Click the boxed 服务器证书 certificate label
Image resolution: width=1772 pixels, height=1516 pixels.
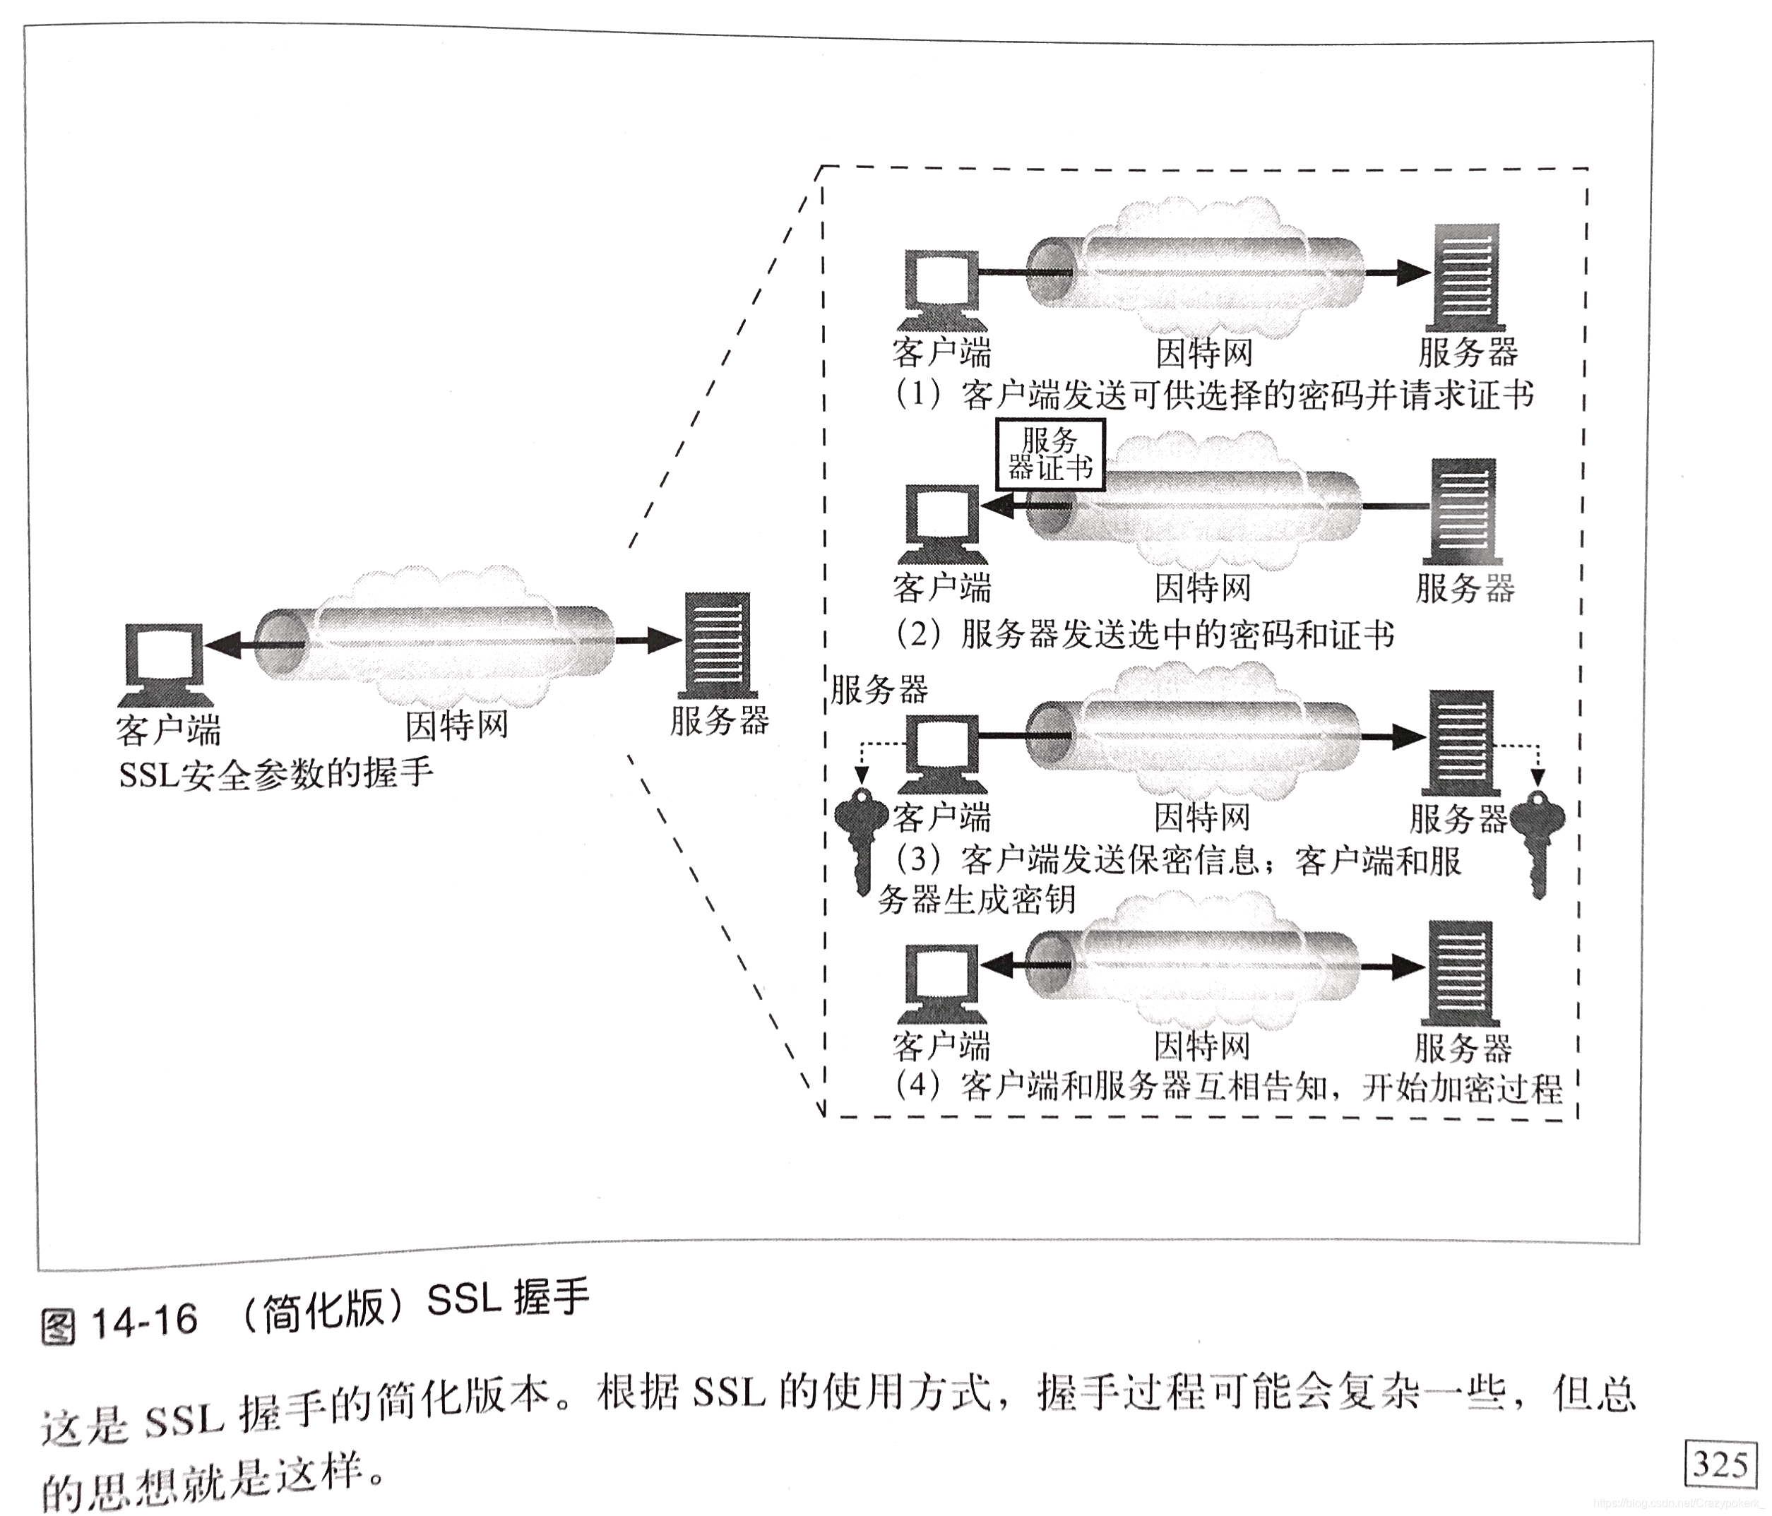coord(1049,455)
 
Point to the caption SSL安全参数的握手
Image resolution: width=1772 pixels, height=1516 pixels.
coord(275,775)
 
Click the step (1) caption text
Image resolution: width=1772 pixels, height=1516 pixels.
coord(1214,395)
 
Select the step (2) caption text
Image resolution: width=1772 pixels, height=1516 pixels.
coord(1146,635)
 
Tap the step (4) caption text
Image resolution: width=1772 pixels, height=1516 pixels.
coord(1228,1087)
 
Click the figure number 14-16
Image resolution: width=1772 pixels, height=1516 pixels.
coord(143,1322)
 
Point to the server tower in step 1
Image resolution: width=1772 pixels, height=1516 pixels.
coord(1467,275)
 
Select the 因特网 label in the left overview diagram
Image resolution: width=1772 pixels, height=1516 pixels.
coord(457,725)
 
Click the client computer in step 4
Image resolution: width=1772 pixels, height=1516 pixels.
coord(941,984)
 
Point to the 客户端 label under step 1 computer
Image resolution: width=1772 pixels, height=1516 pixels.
coord(941,352)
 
